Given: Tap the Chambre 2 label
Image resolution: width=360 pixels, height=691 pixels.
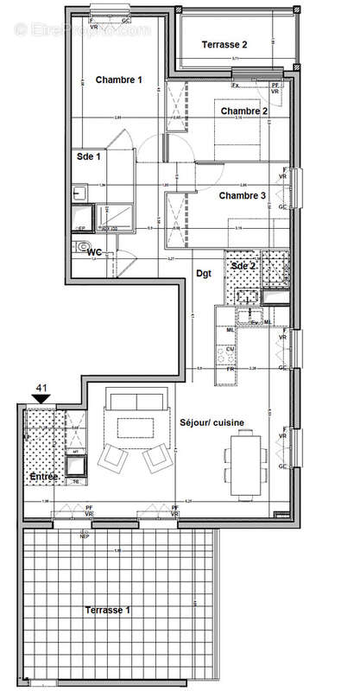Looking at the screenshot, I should (243, 111).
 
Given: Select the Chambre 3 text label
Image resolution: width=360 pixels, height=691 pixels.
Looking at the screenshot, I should (243, 195).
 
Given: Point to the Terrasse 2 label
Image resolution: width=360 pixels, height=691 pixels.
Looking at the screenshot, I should (224, 44).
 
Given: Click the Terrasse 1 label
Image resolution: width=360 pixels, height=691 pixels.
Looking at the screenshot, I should (108, 610).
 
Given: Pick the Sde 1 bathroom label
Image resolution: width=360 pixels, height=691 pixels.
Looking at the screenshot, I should (87, 157).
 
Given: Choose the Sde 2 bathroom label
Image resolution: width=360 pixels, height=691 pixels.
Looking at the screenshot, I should (243, 265).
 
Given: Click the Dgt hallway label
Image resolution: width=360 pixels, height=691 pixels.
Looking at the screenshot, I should (204, 273).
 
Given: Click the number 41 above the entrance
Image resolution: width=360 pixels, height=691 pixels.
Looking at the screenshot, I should (40, 390).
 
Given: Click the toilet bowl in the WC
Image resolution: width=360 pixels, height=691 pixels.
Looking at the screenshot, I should (84, 246).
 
